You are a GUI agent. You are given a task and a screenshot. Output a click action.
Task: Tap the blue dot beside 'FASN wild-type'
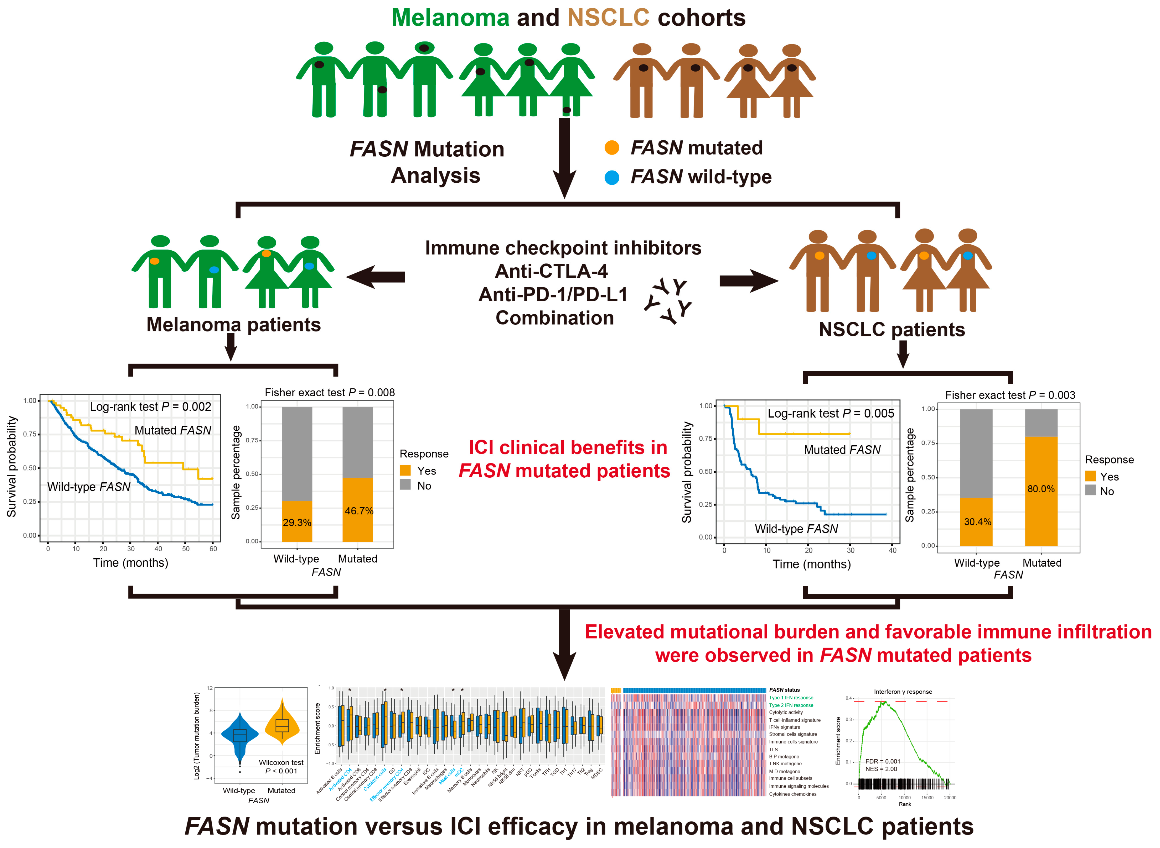(x=612, y=177)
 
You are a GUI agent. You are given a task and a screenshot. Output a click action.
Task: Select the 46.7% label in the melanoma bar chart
(x=359, y=511)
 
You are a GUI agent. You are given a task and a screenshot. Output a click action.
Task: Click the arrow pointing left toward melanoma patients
(x=376, y=277)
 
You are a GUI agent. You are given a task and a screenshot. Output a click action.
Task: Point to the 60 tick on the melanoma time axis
(x=213, y=549)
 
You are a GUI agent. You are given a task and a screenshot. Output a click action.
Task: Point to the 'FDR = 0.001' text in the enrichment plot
(x=883, y=761)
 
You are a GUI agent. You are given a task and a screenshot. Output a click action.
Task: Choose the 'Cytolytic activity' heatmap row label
(x=786, y=712)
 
